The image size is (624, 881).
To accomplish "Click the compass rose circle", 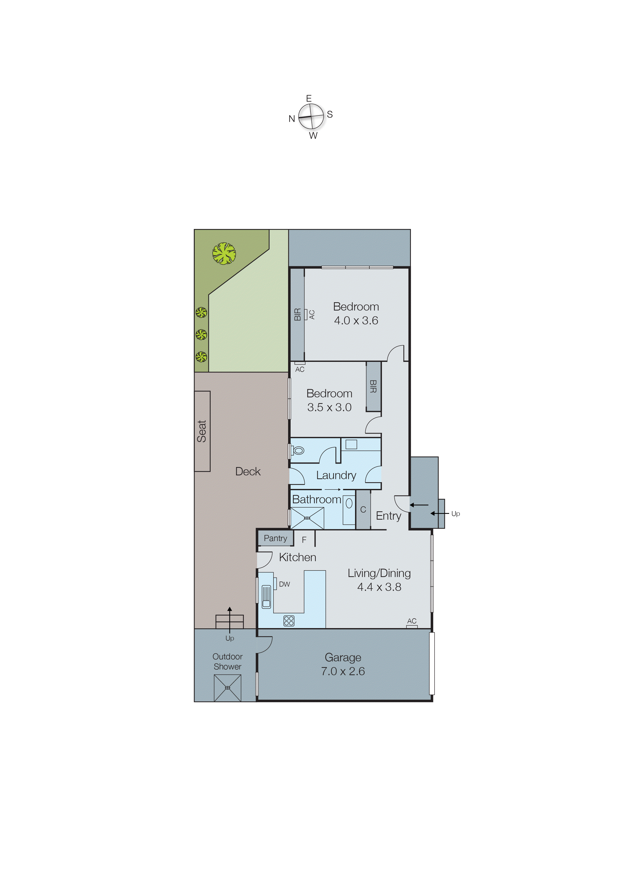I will point(311,117).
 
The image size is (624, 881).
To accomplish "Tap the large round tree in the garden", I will point(224,254).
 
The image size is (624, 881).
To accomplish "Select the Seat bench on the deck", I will point(202,431).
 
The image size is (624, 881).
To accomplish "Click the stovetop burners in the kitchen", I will point(289,621).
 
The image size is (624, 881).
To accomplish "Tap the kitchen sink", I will point(266,596).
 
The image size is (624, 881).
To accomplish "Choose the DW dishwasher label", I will point(284,584).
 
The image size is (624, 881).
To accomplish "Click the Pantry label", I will point(275,538).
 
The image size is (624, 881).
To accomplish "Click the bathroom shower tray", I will point(307,518).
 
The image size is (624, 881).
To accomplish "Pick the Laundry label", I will point(336,475).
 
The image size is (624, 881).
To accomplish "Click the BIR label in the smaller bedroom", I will point(373,386).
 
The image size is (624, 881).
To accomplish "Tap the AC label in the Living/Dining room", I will point(412,621).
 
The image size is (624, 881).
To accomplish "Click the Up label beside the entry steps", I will point(456,514).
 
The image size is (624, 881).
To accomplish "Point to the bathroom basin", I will point(349,503).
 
